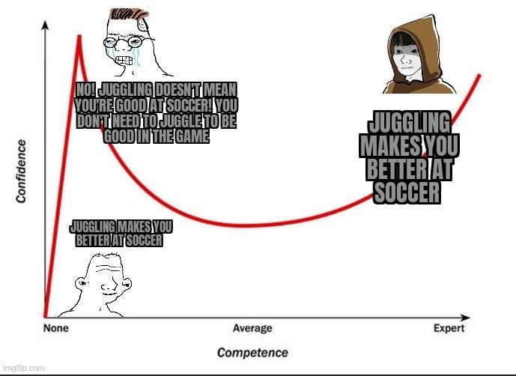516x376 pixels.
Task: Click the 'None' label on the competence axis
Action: (x=56, y=328)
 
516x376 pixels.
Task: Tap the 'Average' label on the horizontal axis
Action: (x=252, y=328)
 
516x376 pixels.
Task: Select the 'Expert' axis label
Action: (x=449, y=328)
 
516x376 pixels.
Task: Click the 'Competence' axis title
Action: (x=252, y=353)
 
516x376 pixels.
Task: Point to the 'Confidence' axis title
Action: (x=21, y=172)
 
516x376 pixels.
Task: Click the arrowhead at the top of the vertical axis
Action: (x=46, y=25)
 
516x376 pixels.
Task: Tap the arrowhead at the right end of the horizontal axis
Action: (x=465, y=318)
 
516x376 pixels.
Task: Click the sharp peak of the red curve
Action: (x=79, y=35)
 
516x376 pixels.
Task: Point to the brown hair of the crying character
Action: (x=128, y=14)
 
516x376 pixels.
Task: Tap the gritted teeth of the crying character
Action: (x=124, y=61)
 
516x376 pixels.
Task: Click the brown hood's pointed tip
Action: (x=431, y=16)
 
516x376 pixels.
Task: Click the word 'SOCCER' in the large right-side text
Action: (x=407, y=192)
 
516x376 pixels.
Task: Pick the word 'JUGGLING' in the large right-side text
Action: (x=409, y=123)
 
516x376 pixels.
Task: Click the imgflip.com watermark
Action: (x=22, y=368)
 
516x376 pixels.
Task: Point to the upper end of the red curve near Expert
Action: (x=479, y=76)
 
